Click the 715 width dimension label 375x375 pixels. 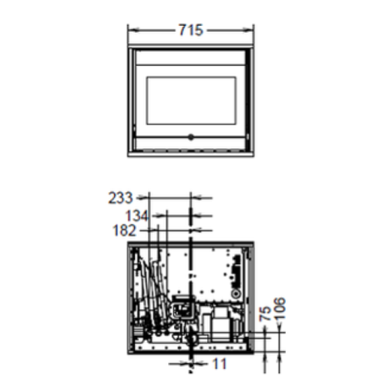click(x=190, y=30)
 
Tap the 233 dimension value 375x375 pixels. click(x=120, y=198)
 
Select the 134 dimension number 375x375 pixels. click(x=136, y=215)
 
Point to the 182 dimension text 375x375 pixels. click(x=124, y=230)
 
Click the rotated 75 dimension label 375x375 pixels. click(x=265, y=313)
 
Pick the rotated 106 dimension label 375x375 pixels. click(x=280, y=308)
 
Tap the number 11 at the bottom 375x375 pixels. click(x=219, y=364)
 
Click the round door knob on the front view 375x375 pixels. click(x=190, y=137)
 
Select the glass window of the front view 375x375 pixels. click(x=191, y=100)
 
